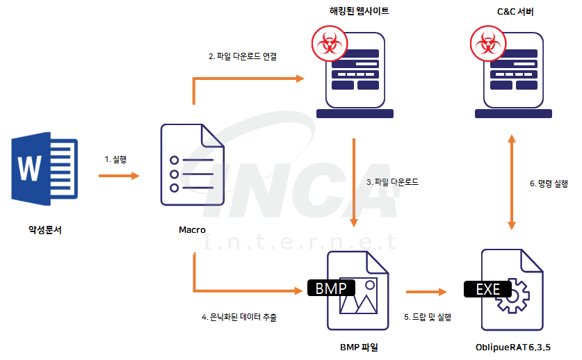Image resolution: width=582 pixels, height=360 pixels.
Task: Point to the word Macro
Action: [x=192, y=230]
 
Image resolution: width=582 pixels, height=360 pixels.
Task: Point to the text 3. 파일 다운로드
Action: [x=392, y=182]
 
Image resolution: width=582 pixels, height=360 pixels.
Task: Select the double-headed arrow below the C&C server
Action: [x=512, y=182]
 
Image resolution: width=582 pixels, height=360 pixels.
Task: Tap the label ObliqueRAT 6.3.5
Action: [x=513, y=346]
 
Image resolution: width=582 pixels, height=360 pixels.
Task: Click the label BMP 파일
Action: [x=359, y=346]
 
